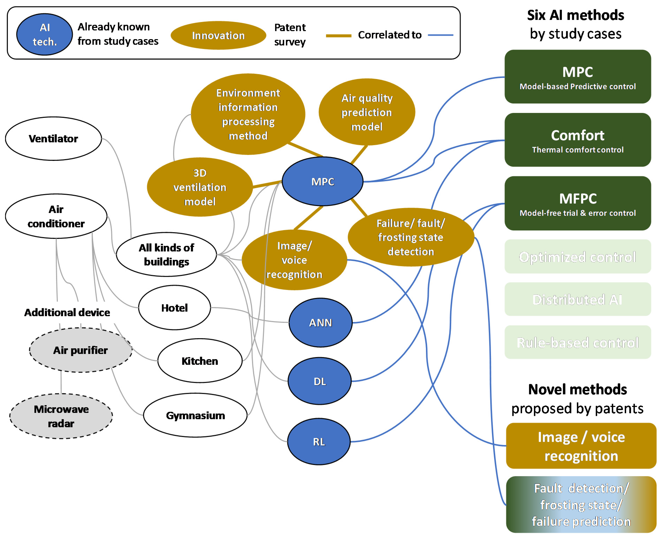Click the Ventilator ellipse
[53, 138]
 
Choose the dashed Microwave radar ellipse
[61, 416]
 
